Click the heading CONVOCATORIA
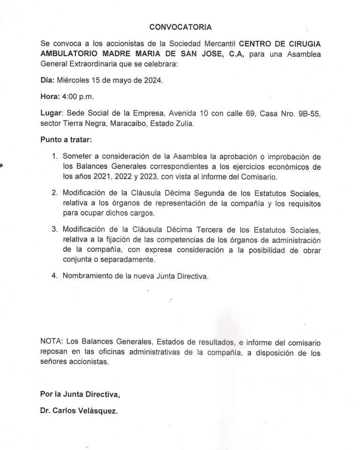tap(180, 27)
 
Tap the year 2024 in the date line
tap(153, 81)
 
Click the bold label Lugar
tap(52, 114)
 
